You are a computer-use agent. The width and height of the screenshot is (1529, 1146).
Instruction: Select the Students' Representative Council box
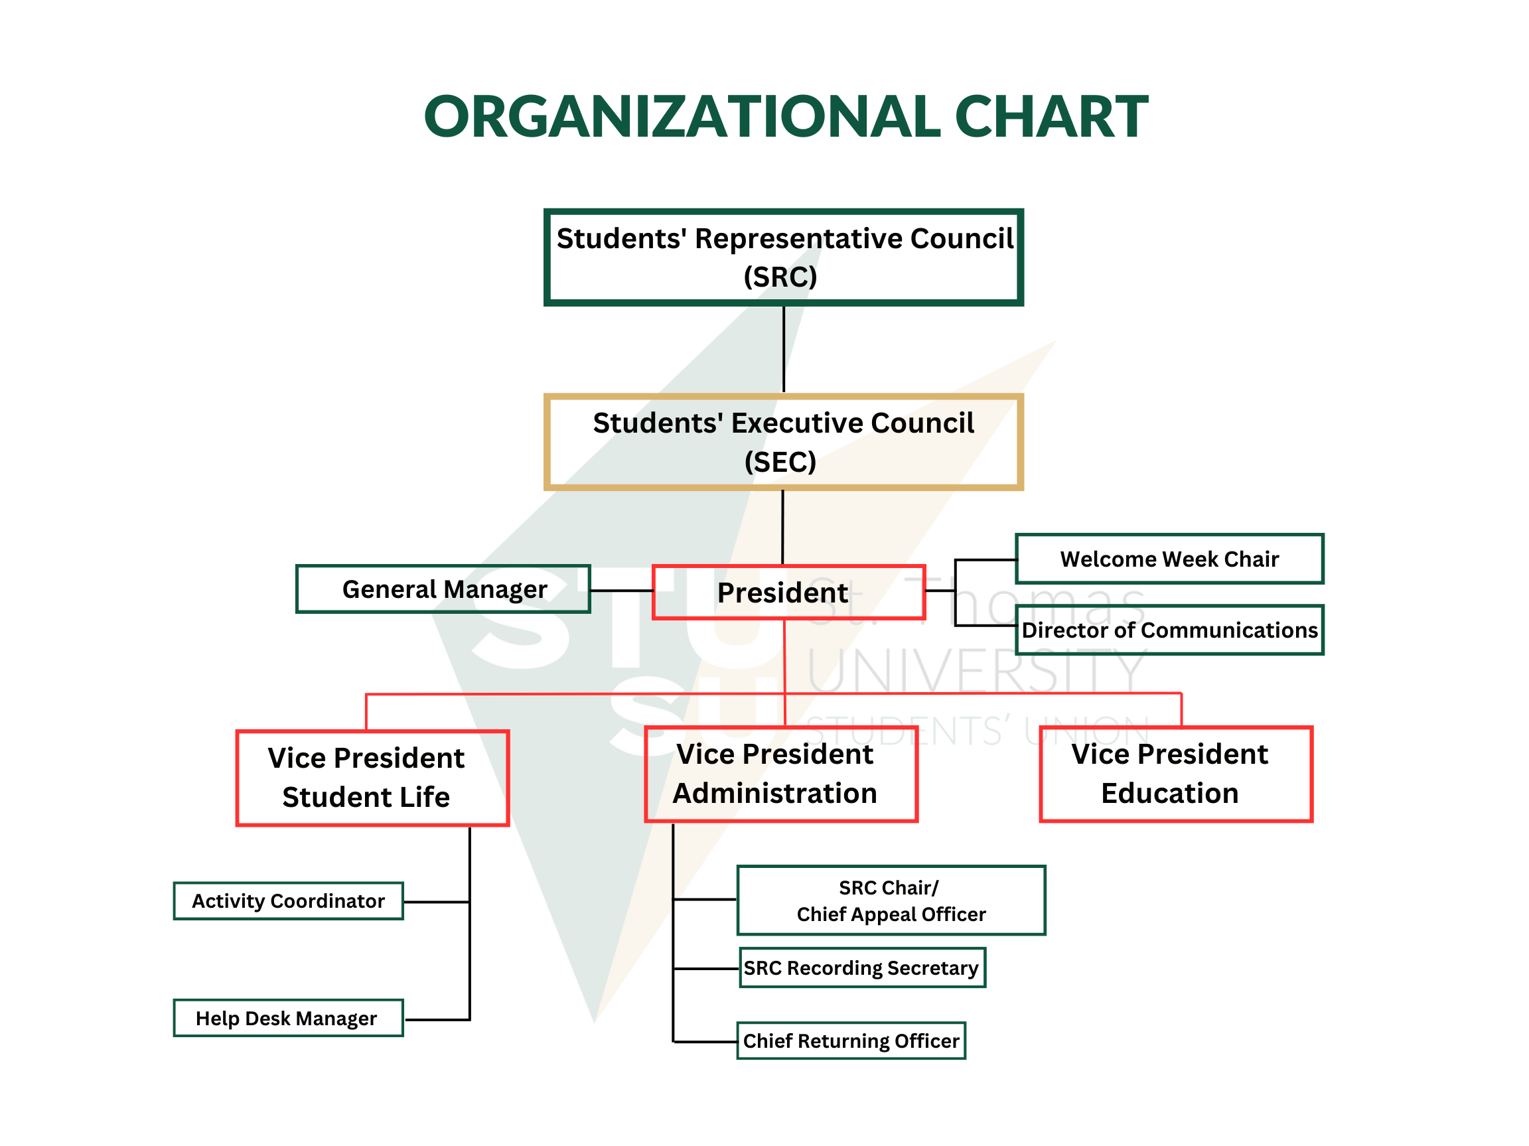pos(783,257)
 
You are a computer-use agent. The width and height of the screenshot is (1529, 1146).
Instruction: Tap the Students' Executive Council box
pos(783,442)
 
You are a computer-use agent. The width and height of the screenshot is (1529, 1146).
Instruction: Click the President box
pos(788,593)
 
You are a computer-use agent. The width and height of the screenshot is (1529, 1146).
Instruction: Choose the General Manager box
pos(443,589)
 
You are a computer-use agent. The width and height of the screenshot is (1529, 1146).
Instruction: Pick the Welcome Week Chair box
pos(1169,559)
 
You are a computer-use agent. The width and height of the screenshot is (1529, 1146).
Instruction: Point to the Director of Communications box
pos(1169,630)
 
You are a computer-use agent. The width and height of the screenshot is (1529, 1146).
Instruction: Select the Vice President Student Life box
pos(372,778)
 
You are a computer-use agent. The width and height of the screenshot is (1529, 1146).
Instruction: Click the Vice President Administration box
pos(780,774)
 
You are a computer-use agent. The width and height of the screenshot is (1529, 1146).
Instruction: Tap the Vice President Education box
pos(1175,774)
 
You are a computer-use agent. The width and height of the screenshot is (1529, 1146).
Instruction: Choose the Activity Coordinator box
pos(288,900)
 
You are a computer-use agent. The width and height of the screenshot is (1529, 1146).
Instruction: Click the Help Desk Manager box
pos(288,1017)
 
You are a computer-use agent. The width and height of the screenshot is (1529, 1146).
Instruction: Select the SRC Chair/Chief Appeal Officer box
pos(891,900)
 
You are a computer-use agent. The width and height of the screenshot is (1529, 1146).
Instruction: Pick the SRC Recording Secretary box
pos(862,967)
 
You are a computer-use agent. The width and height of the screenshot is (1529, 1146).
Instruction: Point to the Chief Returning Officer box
pos(851,1040)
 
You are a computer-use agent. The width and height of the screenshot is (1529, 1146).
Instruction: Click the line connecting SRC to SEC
pos(783,349)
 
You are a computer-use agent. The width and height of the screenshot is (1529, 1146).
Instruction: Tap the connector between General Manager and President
pos(621,591)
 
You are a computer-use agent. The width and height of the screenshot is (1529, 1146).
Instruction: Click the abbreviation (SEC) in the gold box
pos(780,462)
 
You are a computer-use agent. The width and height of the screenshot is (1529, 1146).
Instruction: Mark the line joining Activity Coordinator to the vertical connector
pos(436,901)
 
